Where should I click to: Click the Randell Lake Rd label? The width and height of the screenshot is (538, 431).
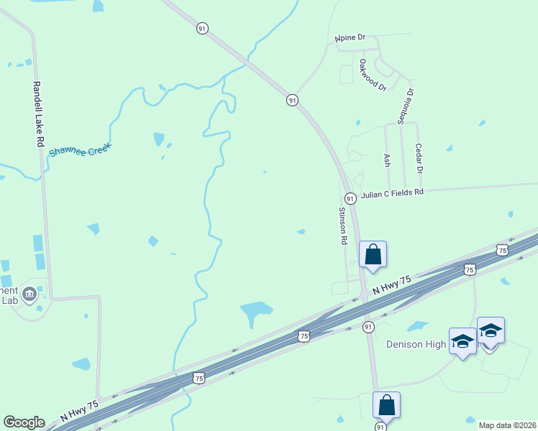point(37,114)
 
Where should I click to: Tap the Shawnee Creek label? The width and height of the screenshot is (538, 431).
point(79,150)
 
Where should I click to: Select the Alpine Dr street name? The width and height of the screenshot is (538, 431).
point(350,37)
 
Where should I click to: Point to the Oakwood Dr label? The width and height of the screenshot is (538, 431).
point(373,75)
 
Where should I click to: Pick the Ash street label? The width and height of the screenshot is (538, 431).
point(387,160)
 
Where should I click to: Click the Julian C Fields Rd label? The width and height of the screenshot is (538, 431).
point(392,193)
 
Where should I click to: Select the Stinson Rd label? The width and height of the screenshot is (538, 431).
point(343,226)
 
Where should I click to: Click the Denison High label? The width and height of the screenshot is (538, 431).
point(416,344)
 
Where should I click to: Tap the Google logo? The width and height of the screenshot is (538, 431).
point(24,422)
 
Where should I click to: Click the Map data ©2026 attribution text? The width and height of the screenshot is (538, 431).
point(507,425)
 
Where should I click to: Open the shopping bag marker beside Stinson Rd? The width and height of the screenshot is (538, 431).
point(373,254)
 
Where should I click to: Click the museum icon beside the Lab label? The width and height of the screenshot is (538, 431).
point(29,293)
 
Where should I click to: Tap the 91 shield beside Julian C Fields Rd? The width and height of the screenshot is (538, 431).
point(350,198)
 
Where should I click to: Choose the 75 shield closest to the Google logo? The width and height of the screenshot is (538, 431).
point(199,378)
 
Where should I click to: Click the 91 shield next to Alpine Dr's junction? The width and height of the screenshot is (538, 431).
point(292,101)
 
